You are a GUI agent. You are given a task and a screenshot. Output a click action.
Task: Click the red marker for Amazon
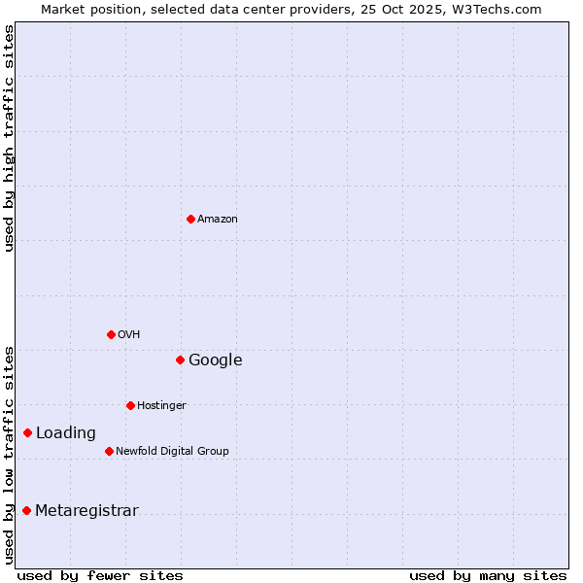point(190,219)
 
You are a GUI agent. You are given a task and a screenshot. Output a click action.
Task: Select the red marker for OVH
point(111,334)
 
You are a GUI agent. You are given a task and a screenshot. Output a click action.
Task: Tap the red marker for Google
point(180,360)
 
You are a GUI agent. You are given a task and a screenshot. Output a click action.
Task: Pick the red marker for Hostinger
point(130,405)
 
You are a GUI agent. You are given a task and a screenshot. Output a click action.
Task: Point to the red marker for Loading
point(27,432)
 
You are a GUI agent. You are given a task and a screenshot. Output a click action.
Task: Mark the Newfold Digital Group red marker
point(109,451)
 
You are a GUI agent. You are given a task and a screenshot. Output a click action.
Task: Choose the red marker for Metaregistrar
point(26,510)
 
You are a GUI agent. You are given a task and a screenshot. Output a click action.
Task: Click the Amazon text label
point(218,219)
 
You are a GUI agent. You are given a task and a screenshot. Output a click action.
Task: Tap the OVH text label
point(129,334)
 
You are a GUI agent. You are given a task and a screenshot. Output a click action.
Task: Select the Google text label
point(216,360)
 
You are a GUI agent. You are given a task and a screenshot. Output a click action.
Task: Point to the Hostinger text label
point(161,405)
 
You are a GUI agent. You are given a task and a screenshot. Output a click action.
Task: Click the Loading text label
point(66,433)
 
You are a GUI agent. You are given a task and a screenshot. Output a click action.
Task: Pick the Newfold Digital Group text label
point(172,451)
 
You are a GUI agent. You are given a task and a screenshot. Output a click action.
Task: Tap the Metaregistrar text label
point(86,511)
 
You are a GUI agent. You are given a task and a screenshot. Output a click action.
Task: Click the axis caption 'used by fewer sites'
point(100,575)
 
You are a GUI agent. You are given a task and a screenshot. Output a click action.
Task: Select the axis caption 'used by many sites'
point(488,575)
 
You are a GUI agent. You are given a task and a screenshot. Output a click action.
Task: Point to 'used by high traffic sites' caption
point(10,138)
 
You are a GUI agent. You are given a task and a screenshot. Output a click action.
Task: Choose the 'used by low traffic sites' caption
point(10,455)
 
